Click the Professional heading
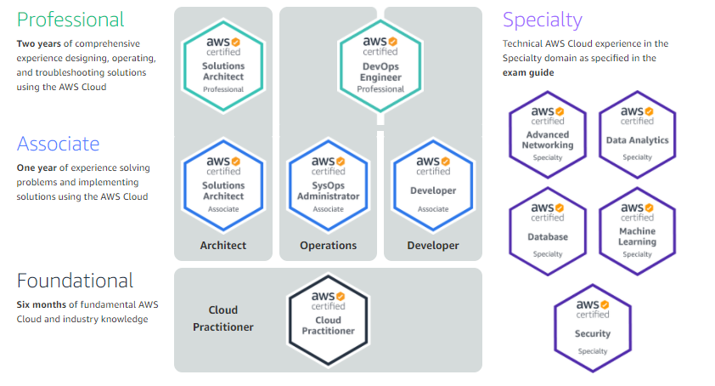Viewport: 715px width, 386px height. point(70,20)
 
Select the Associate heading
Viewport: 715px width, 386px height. point(59,144)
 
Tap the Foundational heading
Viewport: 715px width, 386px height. point(75,281)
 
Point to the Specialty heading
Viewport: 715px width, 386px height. point(543,20)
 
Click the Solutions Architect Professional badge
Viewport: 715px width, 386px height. point(223,64)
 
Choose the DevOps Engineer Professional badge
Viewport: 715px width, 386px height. point(381,64)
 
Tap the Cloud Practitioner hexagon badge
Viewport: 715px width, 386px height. point(328,318)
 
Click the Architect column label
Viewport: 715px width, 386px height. point(223,246)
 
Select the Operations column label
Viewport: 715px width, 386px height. point(328,246)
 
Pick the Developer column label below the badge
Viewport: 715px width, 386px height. point(433,246)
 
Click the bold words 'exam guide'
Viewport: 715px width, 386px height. point(528,73)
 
